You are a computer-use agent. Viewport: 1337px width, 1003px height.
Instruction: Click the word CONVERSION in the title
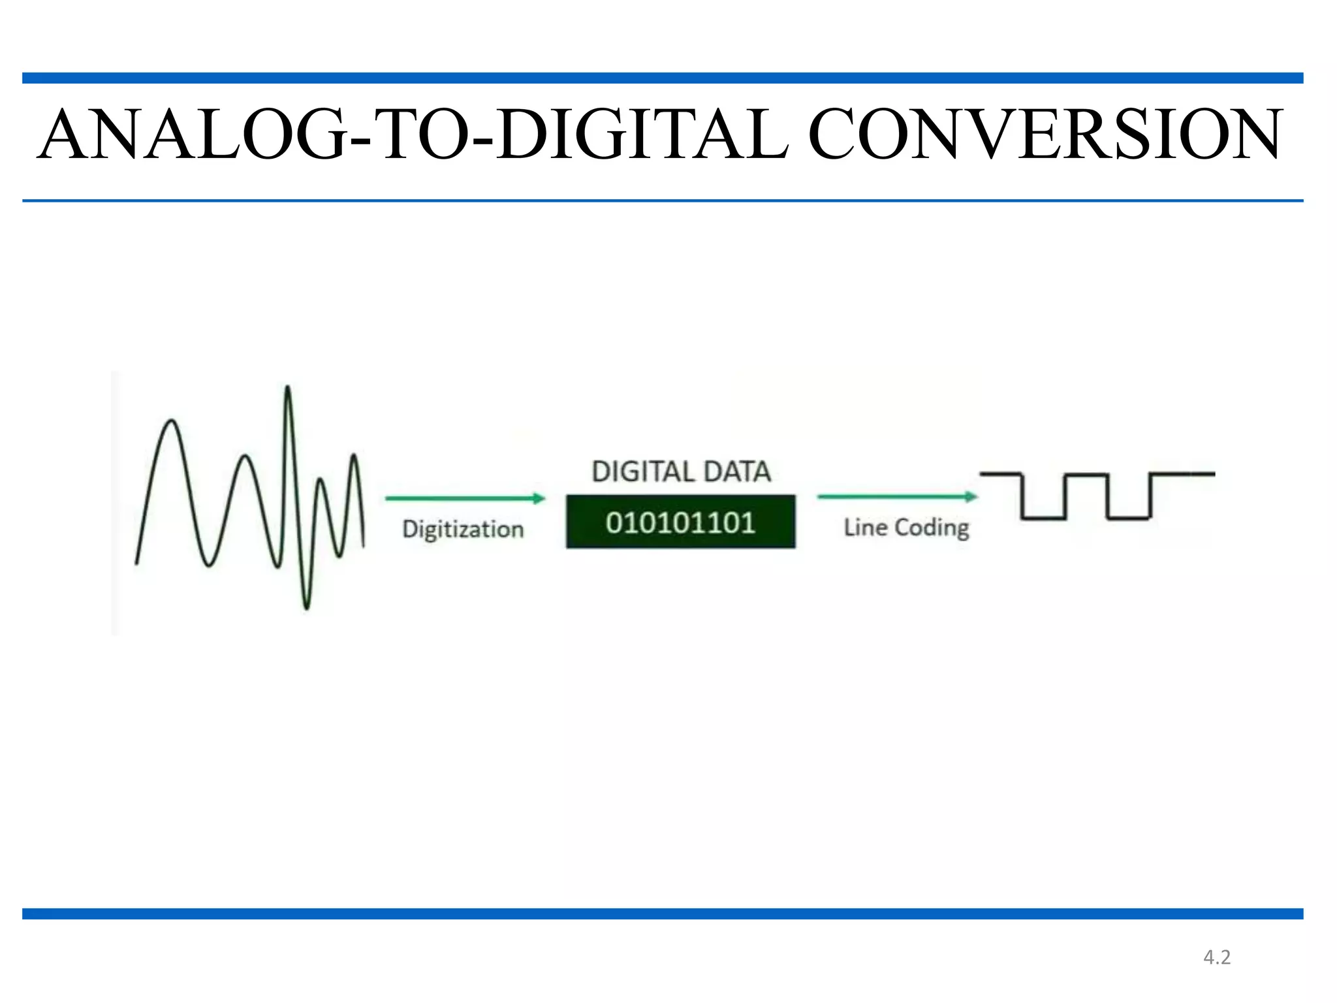1045,135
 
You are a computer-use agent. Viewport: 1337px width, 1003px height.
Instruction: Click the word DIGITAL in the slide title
642,135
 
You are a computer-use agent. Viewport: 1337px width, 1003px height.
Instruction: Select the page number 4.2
1217,957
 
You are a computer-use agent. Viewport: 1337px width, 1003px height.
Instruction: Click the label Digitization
463,529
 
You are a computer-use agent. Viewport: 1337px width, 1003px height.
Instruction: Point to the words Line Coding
906,528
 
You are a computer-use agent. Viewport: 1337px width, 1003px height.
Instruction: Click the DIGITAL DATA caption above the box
681,471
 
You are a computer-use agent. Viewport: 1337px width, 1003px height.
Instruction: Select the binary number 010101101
680,522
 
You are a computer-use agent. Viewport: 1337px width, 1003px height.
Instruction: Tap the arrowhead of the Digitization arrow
539,498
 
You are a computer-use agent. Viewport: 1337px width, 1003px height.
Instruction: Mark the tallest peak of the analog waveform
287,389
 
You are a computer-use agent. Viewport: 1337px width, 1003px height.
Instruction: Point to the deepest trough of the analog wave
307,606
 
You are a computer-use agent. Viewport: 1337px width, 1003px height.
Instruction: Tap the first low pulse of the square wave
1043,518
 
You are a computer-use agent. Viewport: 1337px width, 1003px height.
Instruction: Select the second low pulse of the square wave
1128,518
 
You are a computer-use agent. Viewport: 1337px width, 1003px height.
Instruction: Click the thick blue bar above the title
663,78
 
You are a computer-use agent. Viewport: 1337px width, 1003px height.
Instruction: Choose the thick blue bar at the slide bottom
663,914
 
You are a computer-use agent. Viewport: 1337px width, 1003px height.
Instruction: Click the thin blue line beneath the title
663,200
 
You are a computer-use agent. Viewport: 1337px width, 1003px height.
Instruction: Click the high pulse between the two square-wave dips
1086,475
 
